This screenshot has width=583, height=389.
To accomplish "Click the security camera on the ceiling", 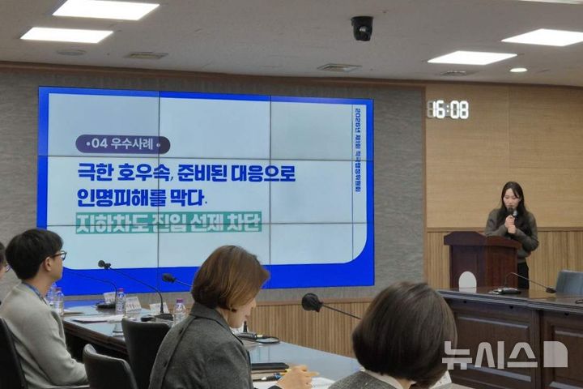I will (362, 28).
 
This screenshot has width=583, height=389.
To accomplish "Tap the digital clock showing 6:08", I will (448, 109).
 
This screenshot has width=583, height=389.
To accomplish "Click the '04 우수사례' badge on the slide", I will (122, 144).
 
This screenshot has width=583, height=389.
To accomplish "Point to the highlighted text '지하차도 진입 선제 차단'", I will (168, 222).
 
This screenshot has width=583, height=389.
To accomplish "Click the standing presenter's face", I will (511, 196).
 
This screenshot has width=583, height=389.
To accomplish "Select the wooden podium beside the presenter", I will (483, 259).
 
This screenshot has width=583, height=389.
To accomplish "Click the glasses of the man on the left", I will (58, 255).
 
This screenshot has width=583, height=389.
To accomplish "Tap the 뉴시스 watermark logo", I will (504, 355).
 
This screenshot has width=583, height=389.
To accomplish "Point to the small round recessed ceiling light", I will (518, 70).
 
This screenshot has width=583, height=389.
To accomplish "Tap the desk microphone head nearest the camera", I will (311, 302).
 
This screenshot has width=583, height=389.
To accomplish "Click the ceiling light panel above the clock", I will (471, 58).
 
